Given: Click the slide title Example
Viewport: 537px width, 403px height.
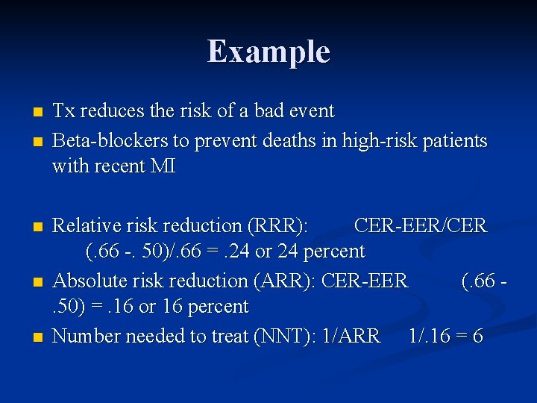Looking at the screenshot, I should point(268,51).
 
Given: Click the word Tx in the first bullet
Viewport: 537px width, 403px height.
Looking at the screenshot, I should point(63,111).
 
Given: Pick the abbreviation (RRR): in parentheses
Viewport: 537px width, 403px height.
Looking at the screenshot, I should point(286,225).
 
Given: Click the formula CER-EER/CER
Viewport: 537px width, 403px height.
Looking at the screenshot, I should point(420,225).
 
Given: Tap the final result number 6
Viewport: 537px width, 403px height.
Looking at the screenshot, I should point(477,337).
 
